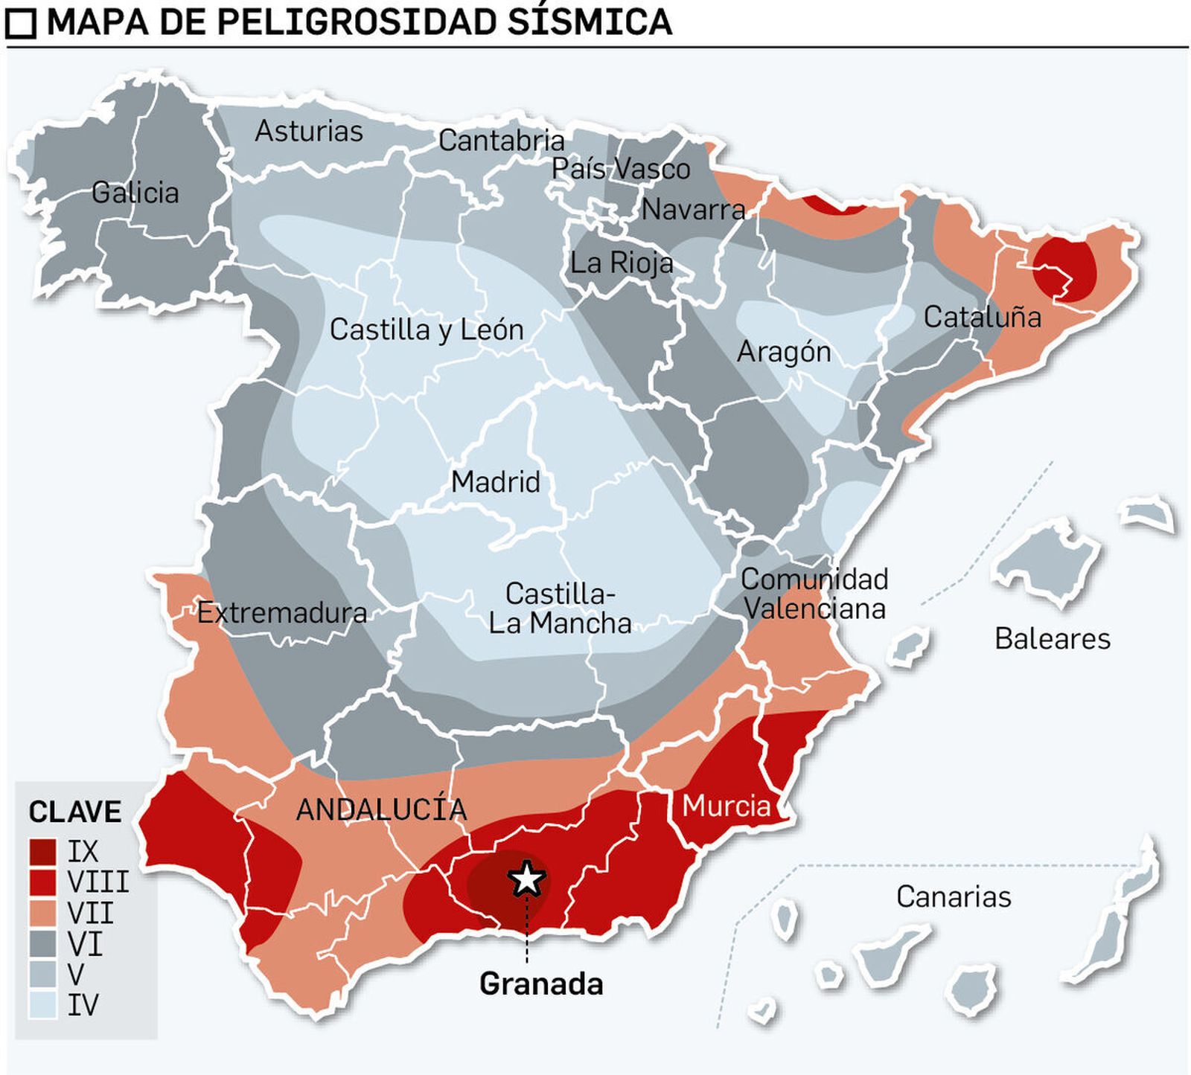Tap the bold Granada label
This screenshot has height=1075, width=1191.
point(541,984)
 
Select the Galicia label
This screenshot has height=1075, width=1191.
point(135,193)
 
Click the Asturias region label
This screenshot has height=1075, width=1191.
point(308,132)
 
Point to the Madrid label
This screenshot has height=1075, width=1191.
point(495,482)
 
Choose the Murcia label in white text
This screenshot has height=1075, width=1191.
point(726,806)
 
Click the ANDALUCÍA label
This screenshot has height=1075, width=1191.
point(381,809)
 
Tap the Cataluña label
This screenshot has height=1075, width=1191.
point(982,318)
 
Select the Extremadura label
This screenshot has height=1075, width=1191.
point(281,613)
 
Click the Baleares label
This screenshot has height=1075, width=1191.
point(1052,639)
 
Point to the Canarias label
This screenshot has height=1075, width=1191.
point(953,897)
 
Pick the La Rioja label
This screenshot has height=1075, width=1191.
point(622,263)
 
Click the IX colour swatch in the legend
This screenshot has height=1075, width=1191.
point(42,851)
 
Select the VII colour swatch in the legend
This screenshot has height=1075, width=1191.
point(42,913)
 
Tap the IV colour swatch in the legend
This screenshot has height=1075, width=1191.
point(42,1006)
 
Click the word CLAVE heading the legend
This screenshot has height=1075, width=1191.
point(74,812)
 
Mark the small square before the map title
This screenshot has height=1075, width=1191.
point(20,24)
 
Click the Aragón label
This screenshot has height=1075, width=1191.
point(783,352)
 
